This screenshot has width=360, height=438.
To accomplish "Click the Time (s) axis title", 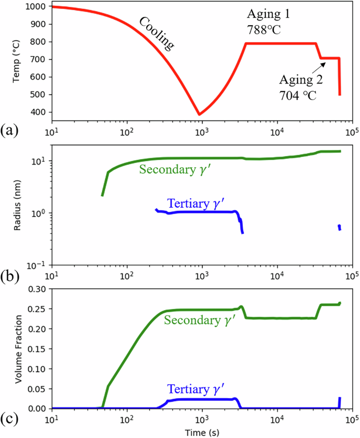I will click(201, 432).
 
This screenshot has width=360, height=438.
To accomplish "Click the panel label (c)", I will click(11, 418).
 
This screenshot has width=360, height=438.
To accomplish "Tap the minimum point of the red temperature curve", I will click(199, 114).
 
